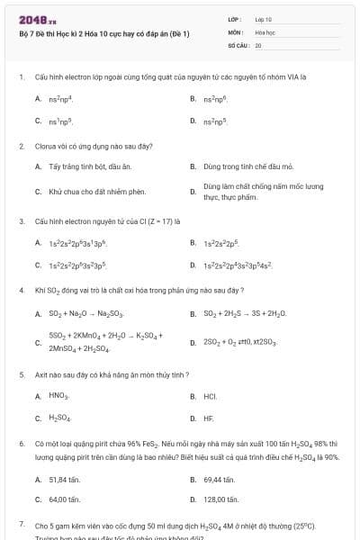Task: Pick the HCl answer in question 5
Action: point(211,396)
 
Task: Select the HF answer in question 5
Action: point(209,418)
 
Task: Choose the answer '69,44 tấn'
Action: point(219,480)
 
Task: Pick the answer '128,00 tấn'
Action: point(220,499)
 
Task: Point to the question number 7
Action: point(21,523)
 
